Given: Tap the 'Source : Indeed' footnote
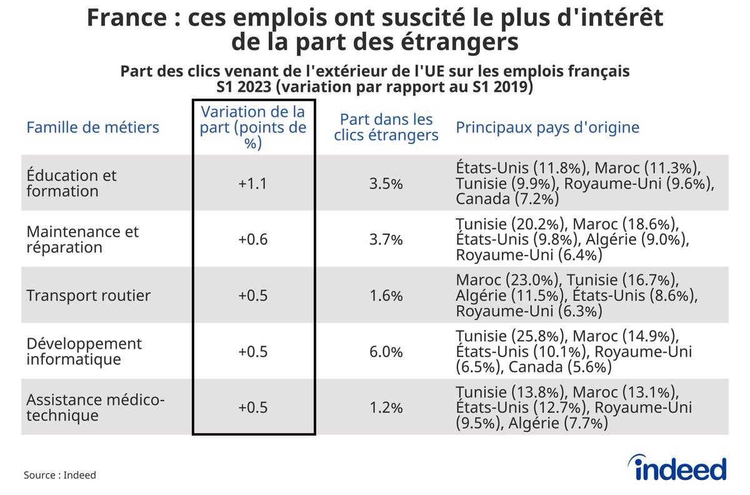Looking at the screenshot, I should point(60,475).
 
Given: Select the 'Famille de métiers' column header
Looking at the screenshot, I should point(92,127).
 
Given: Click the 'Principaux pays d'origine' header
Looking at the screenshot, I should point(547,127).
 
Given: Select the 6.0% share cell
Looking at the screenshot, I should point(386,352).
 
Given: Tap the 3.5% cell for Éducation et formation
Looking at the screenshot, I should point(386,184).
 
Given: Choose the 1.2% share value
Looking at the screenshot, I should point(386,408).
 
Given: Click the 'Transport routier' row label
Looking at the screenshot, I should point(88,296).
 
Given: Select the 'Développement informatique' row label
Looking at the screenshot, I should point(84,352).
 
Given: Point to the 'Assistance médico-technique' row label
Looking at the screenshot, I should point(95,407).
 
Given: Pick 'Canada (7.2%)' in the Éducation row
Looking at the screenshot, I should point(507,199).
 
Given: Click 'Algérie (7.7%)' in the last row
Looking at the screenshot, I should point(559,423).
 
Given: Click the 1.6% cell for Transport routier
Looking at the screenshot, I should point(386,296).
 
